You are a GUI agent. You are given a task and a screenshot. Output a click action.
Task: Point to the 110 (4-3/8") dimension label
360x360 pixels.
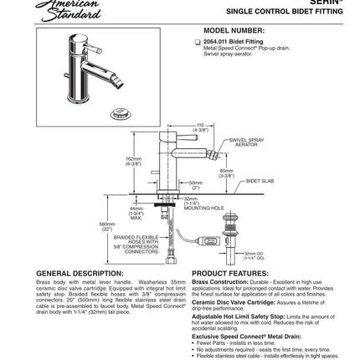[198, 129]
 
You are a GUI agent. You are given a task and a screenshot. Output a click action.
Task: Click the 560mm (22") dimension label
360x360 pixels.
[109, 227]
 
